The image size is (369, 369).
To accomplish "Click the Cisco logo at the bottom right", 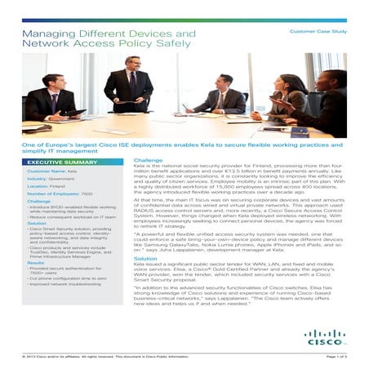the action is (x=325, y=336).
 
